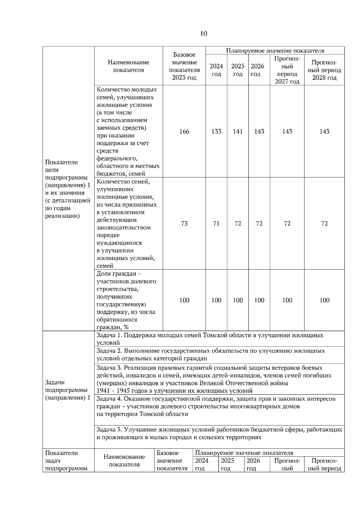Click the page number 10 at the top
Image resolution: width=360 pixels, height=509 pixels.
[x=203, y=34]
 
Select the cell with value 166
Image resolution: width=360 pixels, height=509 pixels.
[x=184, y=132]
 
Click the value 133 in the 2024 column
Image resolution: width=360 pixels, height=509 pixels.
[x=216, y=132]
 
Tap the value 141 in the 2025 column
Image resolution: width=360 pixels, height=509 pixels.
[x=238, y=132]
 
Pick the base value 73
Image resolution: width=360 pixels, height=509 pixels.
[x=184, y=224]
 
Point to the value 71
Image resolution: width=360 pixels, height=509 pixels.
[x=216, y=224]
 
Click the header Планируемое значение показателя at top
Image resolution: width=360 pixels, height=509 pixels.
[x=275, y=51]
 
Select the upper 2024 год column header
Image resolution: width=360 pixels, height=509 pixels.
[x=216, y=70]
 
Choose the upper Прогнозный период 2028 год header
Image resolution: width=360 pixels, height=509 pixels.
[x=324, y=70]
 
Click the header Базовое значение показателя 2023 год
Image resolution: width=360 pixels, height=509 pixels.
[x=184, y=66]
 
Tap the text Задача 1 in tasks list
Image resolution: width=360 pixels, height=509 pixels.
[x=109, y=335]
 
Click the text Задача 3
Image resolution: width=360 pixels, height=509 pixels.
[x=109, y=368]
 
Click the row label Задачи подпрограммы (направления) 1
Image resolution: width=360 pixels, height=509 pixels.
[x=68, y=390]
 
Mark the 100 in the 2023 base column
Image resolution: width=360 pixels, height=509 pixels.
[x=184, y=300]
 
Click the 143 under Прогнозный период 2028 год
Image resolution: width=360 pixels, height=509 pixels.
[x=324, y=132]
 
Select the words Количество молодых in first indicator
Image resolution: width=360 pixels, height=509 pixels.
[x=127, y=90]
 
